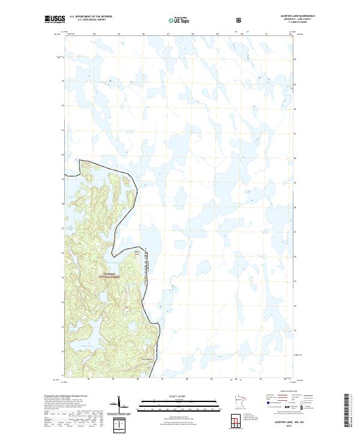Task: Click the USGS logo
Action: pos(55,20)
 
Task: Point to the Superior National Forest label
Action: pos(112,275)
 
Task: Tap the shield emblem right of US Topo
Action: pos(240,20)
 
